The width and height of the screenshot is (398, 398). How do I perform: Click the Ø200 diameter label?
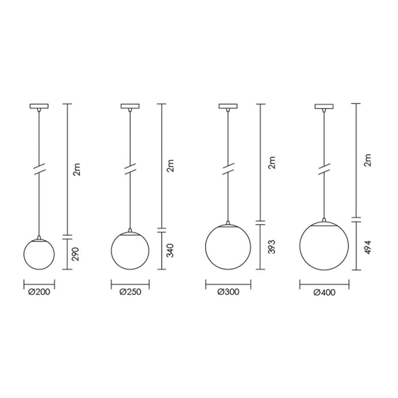39,292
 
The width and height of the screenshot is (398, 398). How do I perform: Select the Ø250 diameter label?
130,292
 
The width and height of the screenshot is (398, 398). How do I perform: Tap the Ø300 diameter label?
228,292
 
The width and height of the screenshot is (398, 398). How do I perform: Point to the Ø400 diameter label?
325,292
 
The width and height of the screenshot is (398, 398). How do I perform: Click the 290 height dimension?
76,254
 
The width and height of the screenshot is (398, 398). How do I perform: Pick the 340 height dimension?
170,251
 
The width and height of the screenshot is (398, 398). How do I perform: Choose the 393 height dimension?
272,247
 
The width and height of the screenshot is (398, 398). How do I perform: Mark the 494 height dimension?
367,247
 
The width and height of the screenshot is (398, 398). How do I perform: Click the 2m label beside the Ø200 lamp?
76,169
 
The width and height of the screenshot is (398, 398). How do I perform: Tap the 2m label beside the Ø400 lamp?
367,160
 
